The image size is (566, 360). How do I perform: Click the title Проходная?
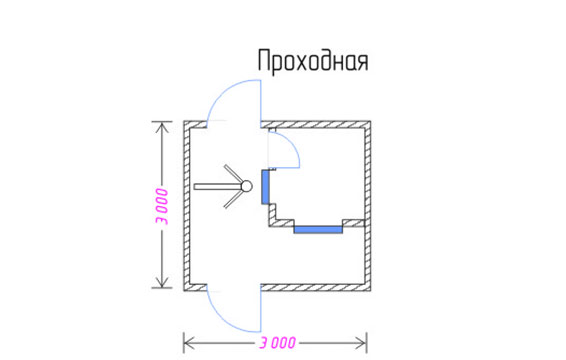pos(313,61)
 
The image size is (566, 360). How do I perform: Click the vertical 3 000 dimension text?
pos(162,206)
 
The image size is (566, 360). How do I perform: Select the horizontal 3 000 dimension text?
pos(278,343)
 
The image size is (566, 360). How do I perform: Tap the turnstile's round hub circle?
pos(247,186)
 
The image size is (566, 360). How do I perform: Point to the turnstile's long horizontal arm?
pos(218,187)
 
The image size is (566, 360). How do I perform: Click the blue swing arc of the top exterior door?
pos(224,90)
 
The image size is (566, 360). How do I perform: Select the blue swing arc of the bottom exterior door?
pos(224,321)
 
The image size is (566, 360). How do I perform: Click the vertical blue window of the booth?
pos(265,187)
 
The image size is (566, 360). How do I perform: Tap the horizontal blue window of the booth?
pos(318,229)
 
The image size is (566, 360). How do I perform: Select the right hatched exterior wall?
pos(367,206)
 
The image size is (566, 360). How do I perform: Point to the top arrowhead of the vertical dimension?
pos(162,126)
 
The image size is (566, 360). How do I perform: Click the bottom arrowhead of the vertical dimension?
pos(162,282)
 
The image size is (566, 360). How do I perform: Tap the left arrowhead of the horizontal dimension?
pos(189,343)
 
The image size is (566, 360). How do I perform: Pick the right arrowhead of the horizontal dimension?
pos(361,343)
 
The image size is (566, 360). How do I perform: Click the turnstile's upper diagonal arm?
pos(233,174)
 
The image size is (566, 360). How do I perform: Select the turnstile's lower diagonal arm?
pos(233,199)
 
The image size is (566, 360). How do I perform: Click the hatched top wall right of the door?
pos(316,125)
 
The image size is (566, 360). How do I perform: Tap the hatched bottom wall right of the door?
pos(316,288)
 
